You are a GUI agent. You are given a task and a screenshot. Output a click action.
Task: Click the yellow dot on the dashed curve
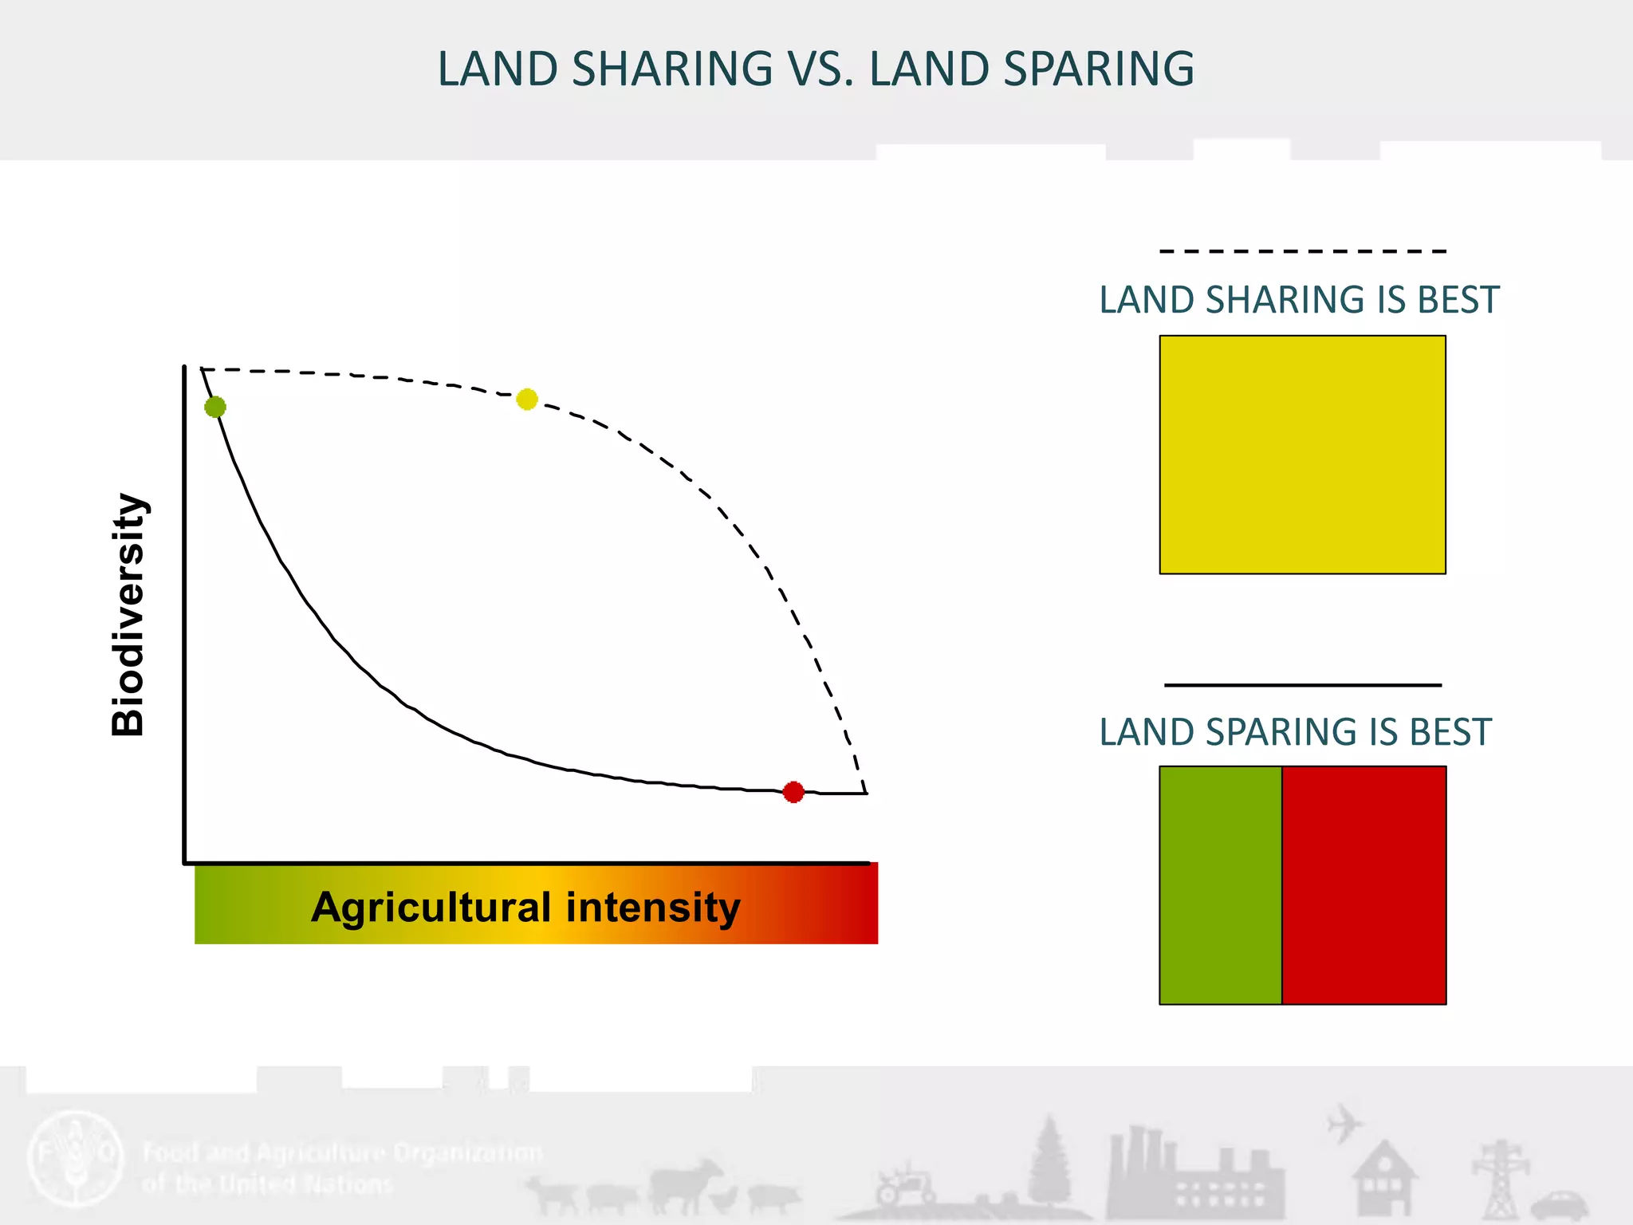coord(527,399)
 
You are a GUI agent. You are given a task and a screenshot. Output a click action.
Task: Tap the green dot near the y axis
coord(215,407)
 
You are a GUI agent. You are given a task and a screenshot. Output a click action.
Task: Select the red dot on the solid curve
coord(793,792)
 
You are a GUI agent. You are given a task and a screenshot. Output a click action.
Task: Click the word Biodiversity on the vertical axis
coord(128,614)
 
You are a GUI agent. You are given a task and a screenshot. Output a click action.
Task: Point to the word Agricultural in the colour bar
coord(431,908)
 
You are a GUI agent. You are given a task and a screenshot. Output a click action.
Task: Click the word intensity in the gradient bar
coord(653,908)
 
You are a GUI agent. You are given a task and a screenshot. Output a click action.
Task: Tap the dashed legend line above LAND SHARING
coord(1302,251)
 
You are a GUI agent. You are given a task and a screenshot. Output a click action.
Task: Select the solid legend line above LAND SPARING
coord(1302,684)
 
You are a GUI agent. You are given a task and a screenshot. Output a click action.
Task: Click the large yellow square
coord(1302,455)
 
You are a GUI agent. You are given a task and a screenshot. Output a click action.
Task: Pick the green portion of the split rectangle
coord(1220,885)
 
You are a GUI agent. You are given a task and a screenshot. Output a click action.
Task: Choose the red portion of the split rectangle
coord(1363,885)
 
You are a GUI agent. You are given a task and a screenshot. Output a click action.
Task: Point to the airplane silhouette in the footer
coord(1344,1124)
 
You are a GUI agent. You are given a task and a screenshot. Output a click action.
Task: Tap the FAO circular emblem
coord(76,1156)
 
